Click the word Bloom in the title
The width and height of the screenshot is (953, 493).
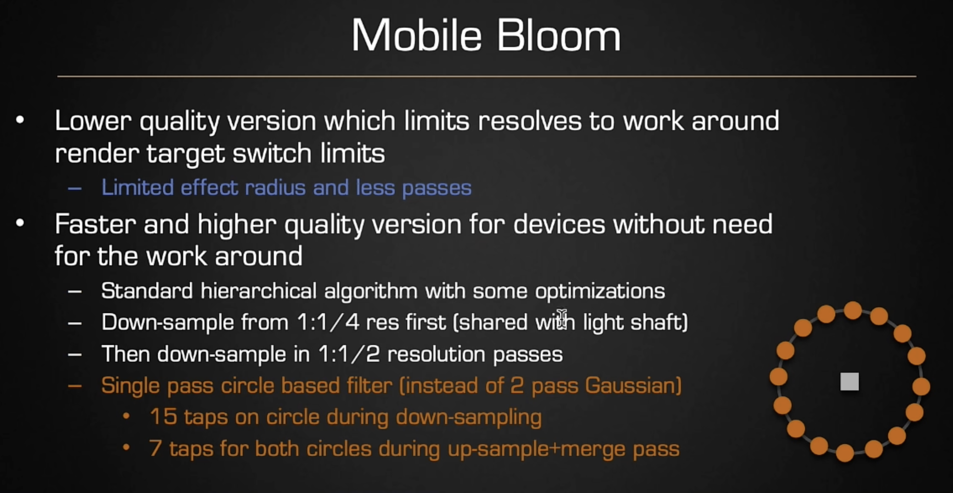click(559, 35)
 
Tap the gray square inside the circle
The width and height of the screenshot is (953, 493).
click(849, 382)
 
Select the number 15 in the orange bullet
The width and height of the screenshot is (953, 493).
click(163, 417)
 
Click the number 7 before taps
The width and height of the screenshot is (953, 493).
click(155, 448)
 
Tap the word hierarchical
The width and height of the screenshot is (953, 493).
click(258, 291)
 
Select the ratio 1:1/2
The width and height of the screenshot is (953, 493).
click(349, 354)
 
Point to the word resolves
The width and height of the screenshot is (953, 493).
click(530, 121)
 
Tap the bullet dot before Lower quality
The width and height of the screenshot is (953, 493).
click(20, 120)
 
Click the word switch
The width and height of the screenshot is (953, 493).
click(272, 153)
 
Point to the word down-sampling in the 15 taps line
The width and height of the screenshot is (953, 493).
click(468, 417)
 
